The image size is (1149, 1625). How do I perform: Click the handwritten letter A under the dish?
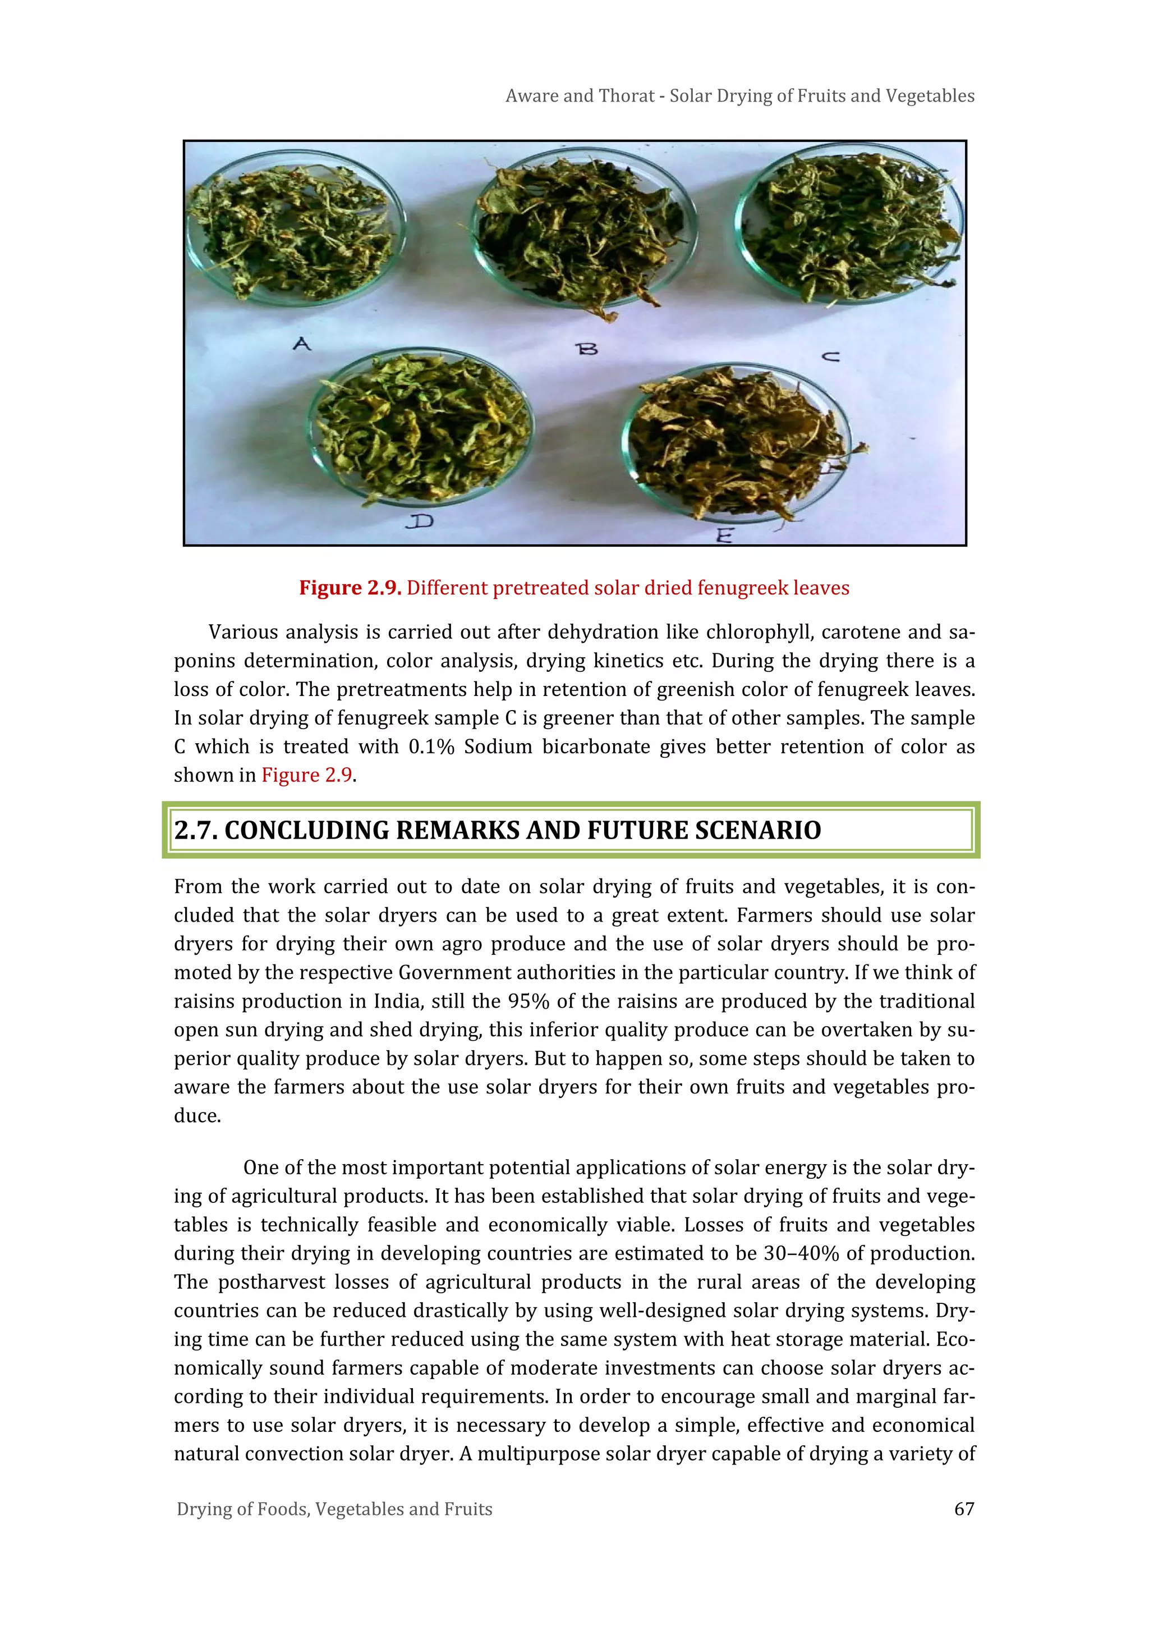tap(302, 345)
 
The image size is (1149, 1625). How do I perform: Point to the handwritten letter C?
tap(831, 356)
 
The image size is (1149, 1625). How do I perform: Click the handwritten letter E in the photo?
tap(723, 535)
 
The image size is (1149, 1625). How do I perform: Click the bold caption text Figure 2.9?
tap(350, 588)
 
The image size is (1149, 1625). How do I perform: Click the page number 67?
tap(964, 1509)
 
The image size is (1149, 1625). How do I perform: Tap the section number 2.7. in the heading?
tap(196, 830)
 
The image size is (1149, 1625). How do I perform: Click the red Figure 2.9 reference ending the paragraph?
tap(306, 776)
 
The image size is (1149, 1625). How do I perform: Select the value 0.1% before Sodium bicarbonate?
tap(431, 747)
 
